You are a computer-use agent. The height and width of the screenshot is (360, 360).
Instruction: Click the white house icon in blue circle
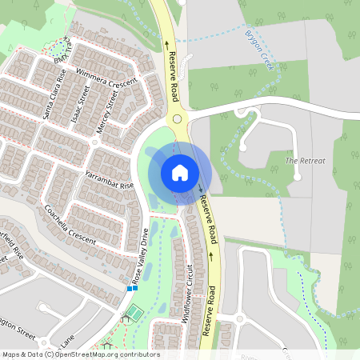point(180,173)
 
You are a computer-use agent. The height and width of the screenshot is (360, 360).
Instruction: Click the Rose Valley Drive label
point(140,258)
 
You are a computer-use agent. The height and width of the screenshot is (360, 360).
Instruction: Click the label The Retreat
point(306,161)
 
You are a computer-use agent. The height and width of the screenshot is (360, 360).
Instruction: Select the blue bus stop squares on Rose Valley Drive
point(131,288)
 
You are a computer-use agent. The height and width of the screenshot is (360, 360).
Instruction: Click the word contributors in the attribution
point(139,354)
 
